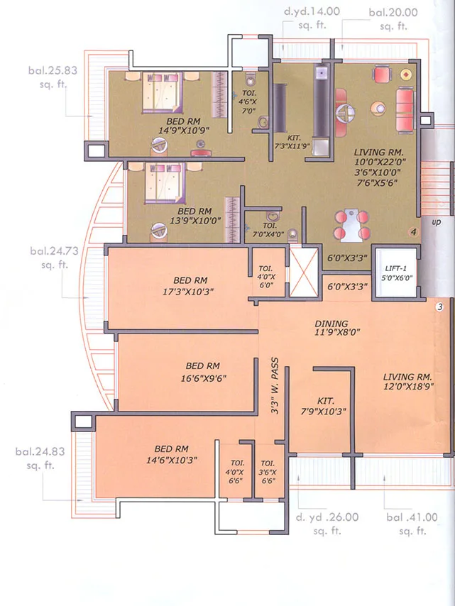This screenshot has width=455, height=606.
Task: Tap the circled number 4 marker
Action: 412,232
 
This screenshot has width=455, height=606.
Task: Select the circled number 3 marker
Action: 439,307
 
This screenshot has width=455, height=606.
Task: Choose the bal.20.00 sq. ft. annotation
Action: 393,17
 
